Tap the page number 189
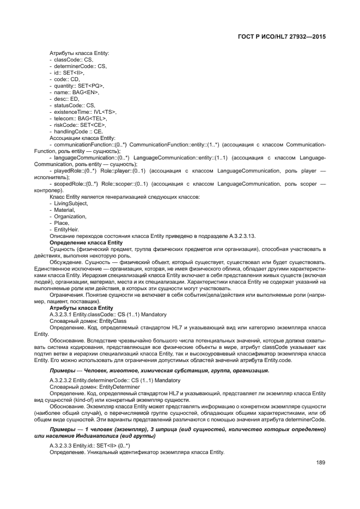click(x=320, y=463)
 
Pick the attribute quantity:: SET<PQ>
click(x=78, y=85)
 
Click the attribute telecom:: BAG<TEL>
click(x=80, y=118)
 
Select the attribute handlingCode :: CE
click(x=78, y=131)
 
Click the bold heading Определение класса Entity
click(x=86, y=242)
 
